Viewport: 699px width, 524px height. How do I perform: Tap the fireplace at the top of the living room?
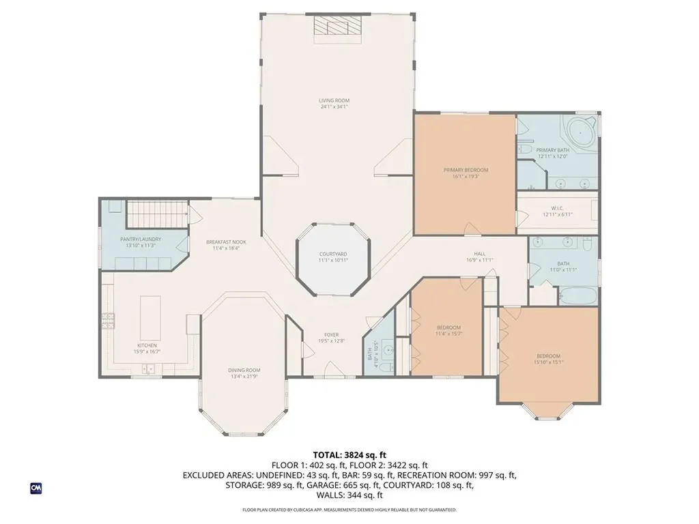tap(336, 26)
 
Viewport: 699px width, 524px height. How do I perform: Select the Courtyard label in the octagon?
tap(332, 257)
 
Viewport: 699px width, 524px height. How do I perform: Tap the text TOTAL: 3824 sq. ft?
tap(349, 454)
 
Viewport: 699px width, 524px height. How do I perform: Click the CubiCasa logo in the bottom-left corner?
tap(35, 488)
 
